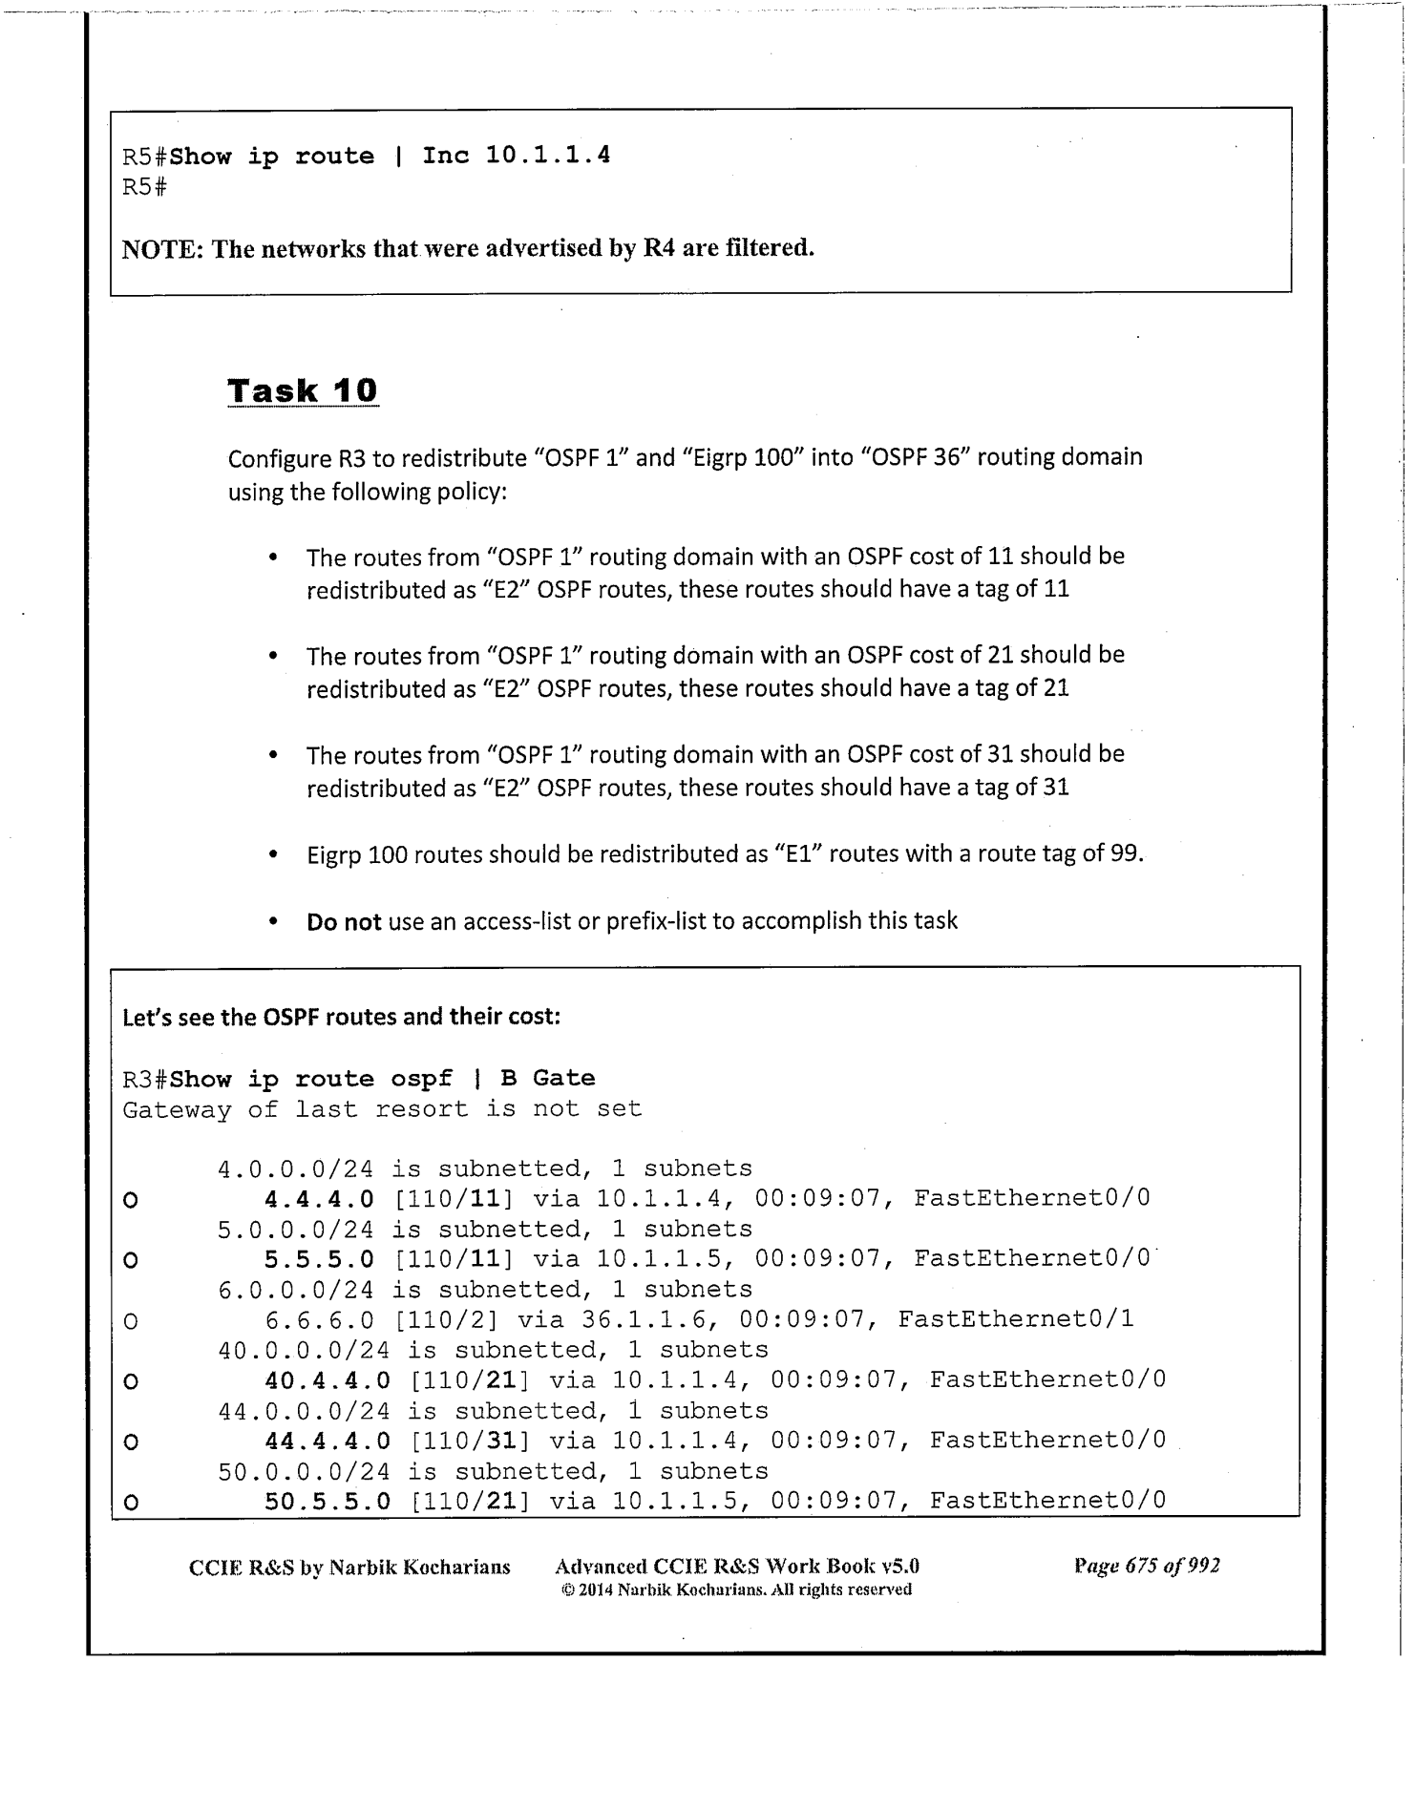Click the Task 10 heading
tap(302, 390)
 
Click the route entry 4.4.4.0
tap(319, 1198)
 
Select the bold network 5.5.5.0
tap(319, 1259)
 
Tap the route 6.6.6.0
tap(319, 1319)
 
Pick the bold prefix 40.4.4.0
tap(327, 1379)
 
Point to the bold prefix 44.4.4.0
tap(327, 1440)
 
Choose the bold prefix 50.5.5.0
tap(327, 1501)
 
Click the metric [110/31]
tap(470, 1440)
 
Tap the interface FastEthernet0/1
tap(1016, 1319)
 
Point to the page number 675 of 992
tap(1147, 1567)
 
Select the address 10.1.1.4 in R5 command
tap(547, 155)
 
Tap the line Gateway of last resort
tap(382, 1109)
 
